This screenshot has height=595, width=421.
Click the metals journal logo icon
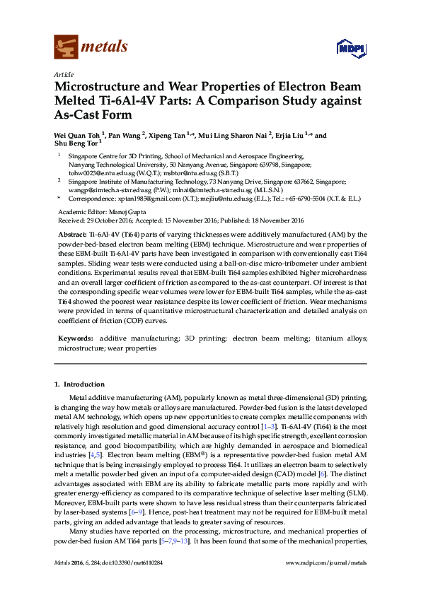click(65, 47)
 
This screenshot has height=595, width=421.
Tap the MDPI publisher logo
click(348, 48)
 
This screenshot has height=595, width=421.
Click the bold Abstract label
click(71, 233)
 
